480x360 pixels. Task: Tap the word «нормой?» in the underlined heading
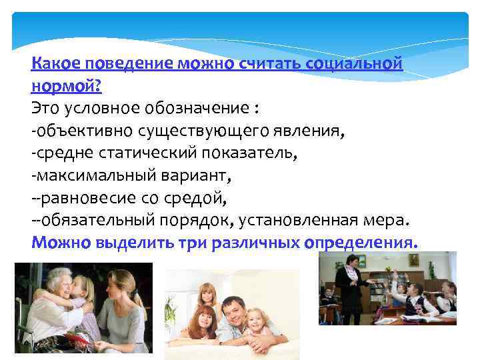[66, 87]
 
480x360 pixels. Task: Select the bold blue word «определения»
[361, 242]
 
